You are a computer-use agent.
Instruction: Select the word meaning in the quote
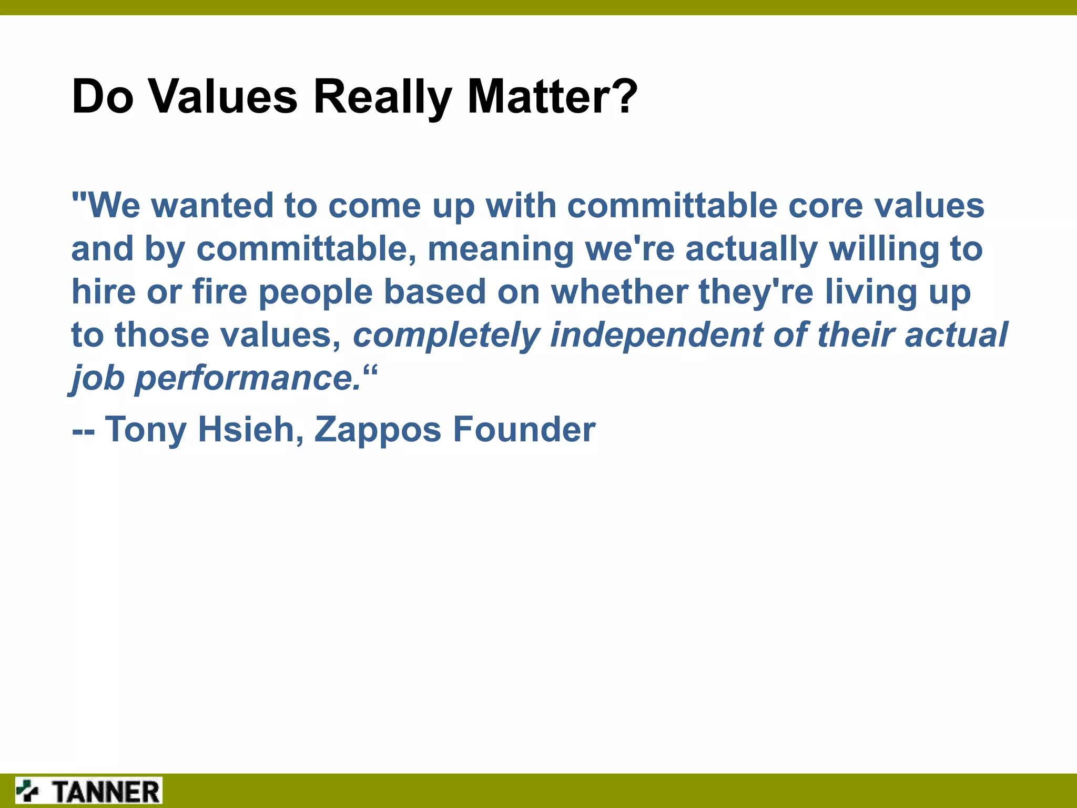coord(500,249)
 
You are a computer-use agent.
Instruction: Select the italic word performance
coord(247,379)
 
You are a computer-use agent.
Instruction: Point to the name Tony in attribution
coord(146,429)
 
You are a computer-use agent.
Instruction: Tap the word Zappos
coord(377,429)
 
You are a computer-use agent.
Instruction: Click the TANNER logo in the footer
coord(88,791)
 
